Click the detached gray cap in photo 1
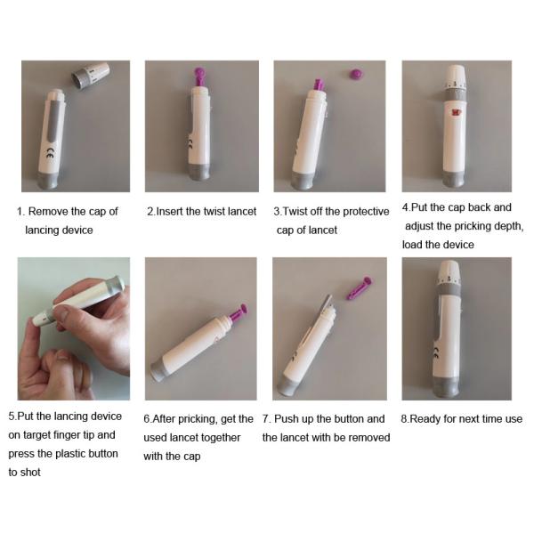[90, 76]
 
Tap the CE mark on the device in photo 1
[49, 154]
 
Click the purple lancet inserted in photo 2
[200, 77]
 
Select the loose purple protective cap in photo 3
[357, 74]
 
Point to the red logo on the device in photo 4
[456, 113]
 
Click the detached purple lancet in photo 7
[360, 287]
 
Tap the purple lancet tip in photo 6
[239, 313]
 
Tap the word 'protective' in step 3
[366, 212]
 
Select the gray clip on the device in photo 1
[55, 121]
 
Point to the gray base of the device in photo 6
[158, 371]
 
